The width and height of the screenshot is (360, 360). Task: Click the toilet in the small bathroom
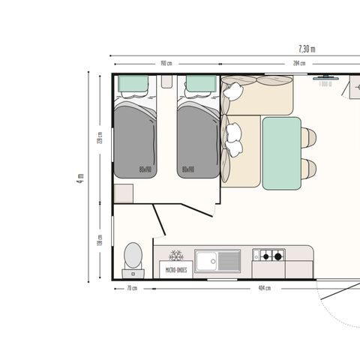133,255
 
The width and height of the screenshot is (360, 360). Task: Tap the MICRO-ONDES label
176,269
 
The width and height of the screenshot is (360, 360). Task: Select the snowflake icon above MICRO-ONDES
176,256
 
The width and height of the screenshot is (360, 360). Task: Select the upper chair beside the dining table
308,137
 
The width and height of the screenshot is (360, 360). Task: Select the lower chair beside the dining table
308,168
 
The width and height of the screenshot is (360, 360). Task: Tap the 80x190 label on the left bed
145,169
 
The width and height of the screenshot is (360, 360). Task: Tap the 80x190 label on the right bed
187,169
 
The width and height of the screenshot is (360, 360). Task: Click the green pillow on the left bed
135,83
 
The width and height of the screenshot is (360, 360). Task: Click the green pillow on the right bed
200,83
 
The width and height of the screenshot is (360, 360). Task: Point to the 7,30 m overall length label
307,49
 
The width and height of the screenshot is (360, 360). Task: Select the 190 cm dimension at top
166,63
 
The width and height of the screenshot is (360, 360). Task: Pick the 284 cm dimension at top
298,63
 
